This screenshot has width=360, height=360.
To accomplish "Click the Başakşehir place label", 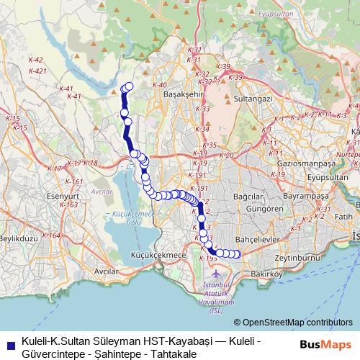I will click(x=185, y=94).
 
